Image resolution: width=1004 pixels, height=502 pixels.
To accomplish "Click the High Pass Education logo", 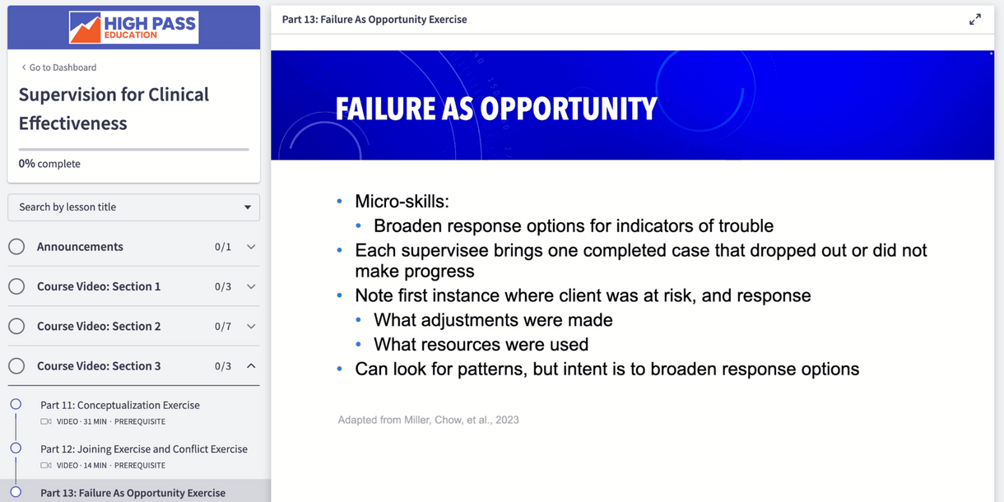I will click(x=133, y=27).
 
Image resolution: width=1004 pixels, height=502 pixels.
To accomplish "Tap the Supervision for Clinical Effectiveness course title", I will click(x=114, y=109).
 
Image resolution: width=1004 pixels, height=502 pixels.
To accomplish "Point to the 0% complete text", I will click(x=49, y=164).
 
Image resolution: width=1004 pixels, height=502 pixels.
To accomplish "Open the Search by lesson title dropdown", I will click(x=133, y=207).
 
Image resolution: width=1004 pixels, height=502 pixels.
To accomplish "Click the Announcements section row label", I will click(x=80, y=247).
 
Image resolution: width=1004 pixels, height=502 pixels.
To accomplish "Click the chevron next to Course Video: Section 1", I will click(x=251, y=286).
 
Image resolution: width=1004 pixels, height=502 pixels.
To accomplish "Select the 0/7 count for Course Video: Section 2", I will click(x=223, y=327).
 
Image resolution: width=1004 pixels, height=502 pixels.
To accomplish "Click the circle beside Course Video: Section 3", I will click(x=16, y=366).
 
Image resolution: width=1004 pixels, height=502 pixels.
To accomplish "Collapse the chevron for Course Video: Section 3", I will click(x=251, y=366).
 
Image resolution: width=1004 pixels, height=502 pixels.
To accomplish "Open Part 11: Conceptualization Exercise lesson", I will click(x=120, y=405).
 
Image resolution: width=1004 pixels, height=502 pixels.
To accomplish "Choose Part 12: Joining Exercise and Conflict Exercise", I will click(x=144, y=449).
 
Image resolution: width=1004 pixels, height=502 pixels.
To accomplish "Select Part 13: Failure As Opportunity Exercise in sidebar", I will click(x=132, y=493).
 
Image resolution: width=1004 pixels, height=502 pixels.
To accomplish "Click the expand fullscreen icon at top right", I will click(x=975, y=20).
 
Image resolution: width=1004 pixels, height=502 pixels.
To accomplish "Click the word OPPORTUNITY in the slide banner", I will click(x=568, y=109).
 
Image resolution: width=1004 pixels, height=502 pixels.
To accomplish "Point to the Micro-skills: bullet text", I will click(x=402, y=202).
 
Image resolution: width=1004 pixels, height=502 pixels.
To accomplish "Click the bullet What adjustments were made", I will click(x=493, y=320).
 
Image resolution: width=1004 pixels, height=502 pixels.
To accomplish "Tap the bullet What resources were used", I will click(x=481, y=344).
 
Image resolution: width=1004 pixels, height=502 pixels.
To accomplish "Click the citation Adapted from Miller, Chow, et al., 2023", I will click(x=428, y=420).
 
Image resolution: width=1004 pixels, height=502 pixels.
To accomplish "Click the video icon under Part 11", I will click(x=46, y=421).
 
